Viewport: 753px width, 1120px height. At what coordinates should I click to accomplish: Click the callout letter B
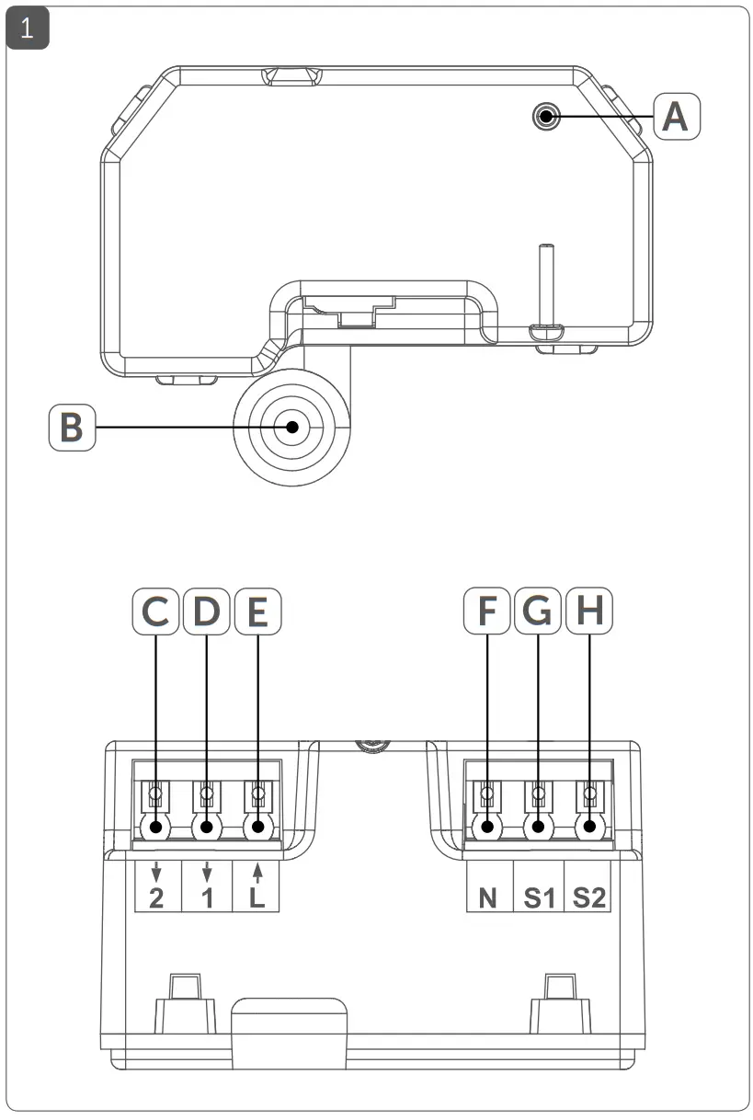click(72, 428)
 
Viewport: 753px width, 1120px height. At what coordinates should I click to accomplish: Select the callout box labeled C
click(155, 612)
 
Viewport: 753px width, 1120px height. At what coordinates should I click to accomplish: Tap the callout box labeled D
click(207, 612)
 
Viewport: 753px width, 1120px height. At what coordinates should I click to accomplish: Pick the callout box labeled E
click(258, 612)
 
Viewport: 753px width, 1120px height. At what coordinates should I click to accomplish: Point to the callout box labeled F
click(487, 612)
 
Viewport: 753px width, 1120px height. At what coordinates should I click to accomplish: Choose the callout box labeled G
click(539, 612)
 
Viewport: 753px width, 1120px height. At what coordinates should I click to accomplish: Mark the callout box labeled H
click(589, 612)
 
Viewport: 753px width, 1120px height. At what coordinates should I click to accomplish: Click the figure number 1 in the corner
click(28, 29)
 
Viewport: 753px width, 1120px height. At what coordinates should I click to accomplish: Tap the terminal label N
click(488, 897)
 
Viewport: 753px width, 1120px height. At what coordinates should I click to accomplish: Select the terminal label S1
click(539, 897)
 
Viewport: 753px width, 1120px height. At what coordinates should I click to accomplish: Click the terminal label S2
click(588, 897)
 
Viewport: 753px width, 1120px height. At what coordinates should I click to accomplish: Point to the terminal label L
click(257, 897)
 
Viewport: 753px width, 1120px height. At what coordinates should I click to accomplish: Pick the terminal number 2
click(156, 897)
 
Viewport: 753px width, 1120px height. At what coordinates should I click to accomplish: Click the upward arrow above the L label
click(257, 871)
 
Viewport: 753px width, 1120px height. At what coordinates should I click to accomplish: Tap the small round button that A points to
click(546, 116)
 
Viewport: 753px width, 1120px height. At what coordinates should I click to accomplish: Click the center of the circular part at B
click(292, 428)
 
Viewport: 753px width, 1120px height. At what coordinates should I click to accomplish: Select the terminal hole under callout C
click(156, 828)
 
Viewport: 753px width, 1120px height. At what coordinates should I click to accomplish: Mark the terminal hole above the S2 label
click(588, 828)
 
